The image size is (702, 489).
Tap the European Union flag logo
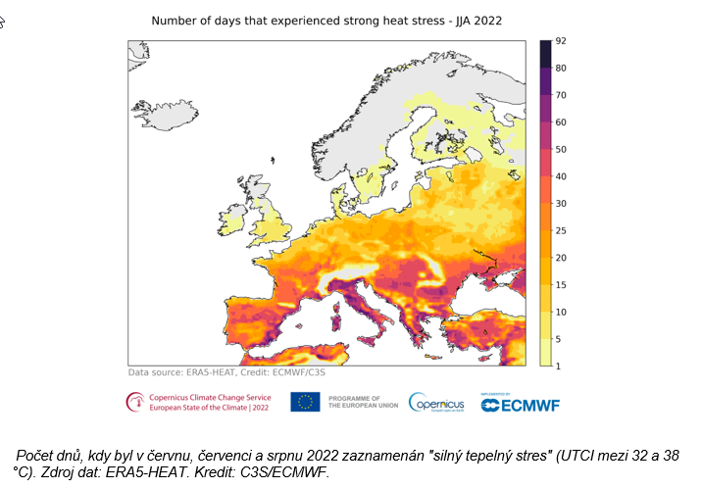(x=305, y=402)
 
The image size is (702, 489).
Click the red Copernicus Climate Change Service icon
(x=132, y=402)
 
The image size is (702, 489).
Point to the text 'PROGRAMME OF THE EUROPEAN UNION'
(x=362, y=402)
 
